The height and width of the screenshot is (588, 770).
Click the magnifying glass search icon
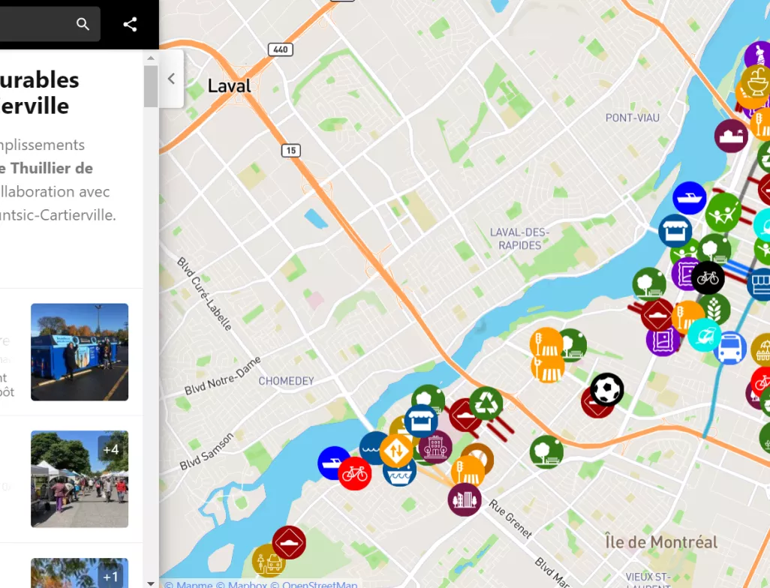[x=83, y=24]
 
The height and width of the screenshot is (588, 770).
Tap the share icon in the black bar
[x=130, y=24]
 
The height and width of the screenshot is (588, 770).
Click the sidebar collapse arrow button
[x=171, y=79]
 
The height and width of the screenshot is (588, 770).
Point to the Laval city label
[x=229, y=85]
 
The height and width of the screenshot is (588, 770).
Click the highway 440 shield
[x=280, y=49]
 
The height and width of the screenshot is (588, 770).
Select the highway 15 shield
[x=291, y=151]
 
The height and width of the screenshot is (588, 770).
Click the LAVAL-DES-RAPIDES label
[x=519, y=238]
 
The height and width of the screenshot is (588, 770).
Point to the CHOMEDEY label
[x=286, y=381]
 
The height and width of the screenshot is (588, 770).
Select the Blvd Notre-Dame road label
[x=223, y=376]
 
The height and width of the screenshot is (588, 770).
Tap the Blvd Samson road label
[x=206, y=451]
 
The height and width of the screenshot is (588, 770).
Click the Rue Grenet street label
[x=511, y=519]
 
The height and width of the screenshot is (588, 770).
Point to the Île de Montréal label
[x=661, y=541]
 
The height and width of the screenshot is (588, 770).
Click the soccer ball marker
[x=606, y=389]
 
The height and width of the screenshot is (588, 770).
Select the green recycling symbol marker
[x=486, y=403]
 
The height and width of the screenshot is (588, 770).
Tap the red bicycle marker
[x=354, y=474]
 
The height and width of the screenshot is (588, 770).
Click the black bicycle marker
[x=708, y=278]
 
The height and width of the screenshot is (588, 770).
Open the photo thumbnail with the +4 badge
[x=80, y=479]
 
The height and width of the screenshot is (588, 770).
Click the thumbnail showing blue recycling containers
[x=80, y=352]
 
